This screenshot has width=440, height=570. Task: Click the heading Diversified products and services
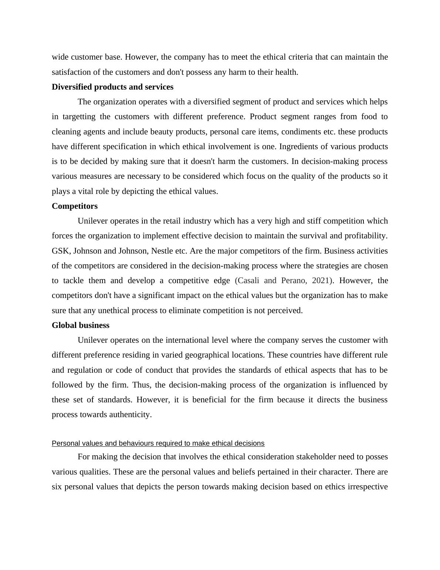click(112, 87)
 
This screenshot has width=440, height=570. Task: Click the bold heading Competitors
click(75, 206)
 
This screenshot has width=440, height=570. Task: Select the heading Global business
click(81, 325)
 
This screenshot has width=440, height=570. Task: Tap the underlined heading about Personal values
click(158, 443)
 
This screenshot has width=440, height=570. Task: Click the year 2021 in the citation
click(321, 281)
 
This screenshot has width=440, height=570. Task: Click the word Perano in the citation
click(293, 281)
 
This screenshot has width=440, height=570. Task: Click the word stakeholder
click(316, 457)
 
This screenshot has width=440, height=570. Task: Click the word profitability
click(366, 236)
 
